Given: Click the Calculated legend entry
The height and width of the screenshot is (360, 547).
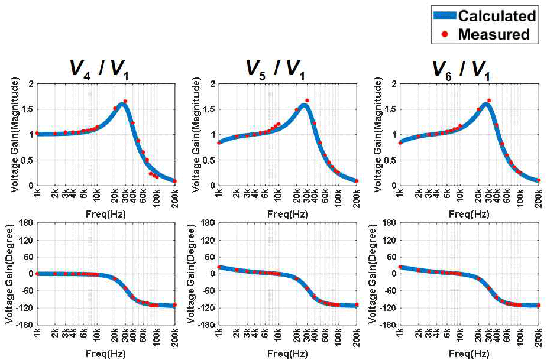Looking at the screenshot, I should [x=496, y=15].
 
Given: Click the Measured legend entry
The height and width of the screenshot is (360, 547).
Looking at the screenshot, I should [x=493, y=34].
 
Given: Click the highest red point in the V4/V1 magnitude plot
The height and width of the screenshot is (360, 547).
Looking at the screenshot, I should [x=125, y=101].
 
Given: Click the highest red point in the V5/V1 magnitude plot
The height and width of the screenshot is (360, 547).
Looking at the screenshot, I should [x=307, y=100].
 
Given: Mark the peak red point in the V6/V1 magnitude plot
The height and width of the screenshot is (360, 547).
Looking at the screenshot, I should [x=488, y=100].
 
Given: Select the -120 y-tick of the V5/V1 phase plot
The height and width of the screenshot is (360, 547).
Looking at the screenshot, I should [x=206, y=307].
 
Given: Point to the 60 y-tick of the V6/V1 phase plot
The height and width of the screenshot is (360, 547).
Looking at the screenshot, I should [x=391, y=256].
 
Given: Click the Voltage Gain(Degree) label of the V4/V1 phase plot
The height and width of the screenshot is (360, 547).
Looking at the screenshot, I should [x=10, y=273].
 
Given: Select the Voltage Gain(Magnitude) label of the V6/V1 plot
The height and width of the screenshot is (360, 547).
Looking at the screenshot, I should [x=374, y=134].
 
